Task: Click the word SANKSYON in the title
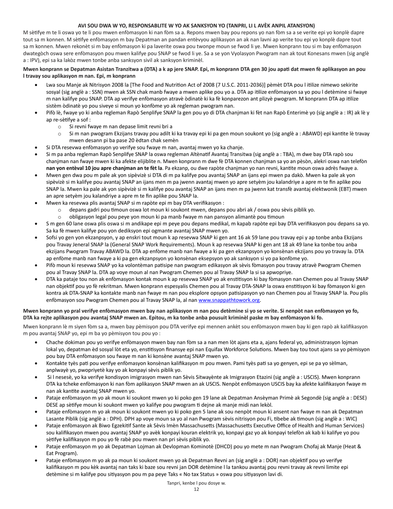[x=204, y=25]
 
